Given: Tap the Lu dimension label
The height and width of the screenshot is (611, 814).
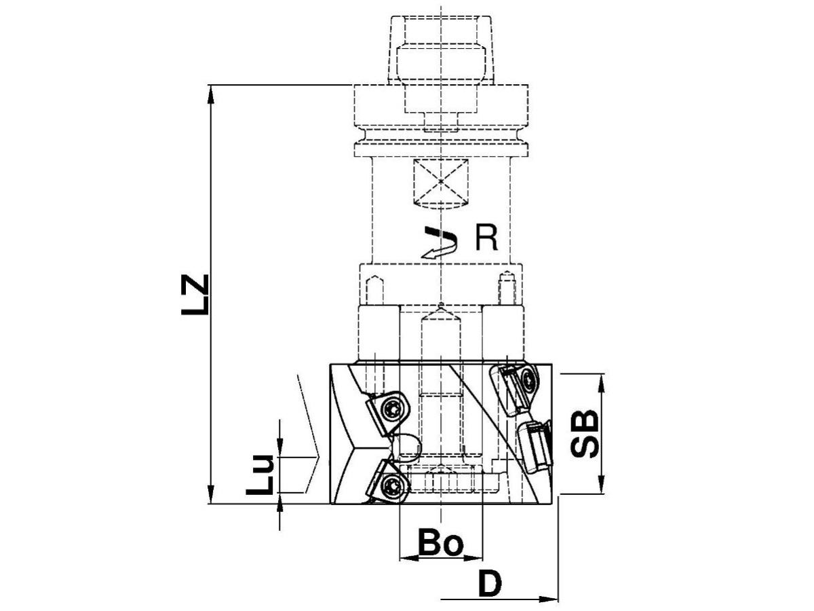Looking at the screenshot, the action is click(260, 474).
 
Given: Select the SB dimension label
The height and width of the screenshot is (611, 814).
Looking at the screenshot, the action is click(585, 433).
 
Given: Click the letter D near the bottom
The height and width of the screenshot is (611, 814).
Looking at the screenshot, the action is click(490, 583).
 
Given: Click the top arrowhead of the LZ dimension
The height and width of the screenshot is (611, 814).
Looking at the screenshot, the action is click(211, 94).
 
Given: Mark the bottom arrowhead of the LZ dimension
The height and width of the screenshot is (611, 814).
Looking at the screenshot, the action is click(211, 494).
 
